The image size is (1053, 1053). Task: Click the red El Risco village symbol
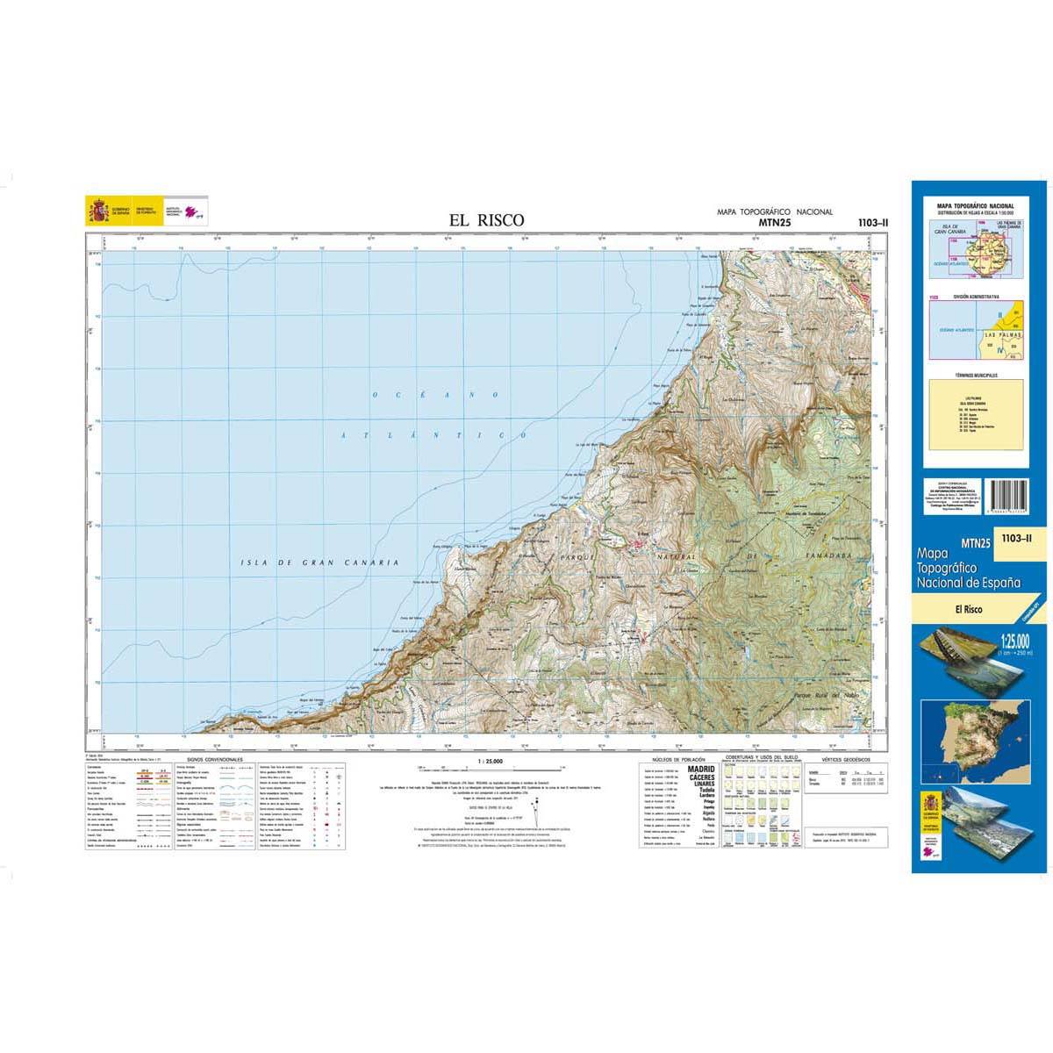[638, 546]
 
